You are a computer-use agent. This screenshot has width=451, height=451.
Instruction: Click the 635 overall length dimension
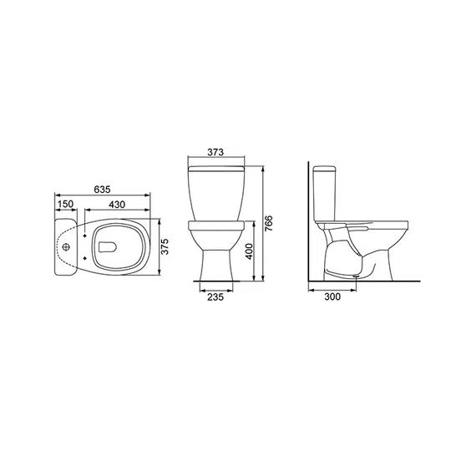point(103,189)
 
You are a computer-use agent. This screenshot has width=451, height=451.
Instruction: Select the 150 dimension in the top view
point(65,204)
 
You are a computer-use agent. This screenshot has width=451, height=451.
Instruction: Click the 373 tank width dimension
point(217,153)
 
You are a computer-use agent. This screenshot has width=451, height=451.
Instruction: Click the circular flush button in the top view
point(66,247)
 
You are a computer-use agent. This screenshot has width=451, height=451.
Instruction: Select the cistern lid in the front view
point(217,167)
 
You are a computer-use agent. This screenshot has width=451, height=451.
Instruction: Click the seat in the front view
point(217,224)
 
